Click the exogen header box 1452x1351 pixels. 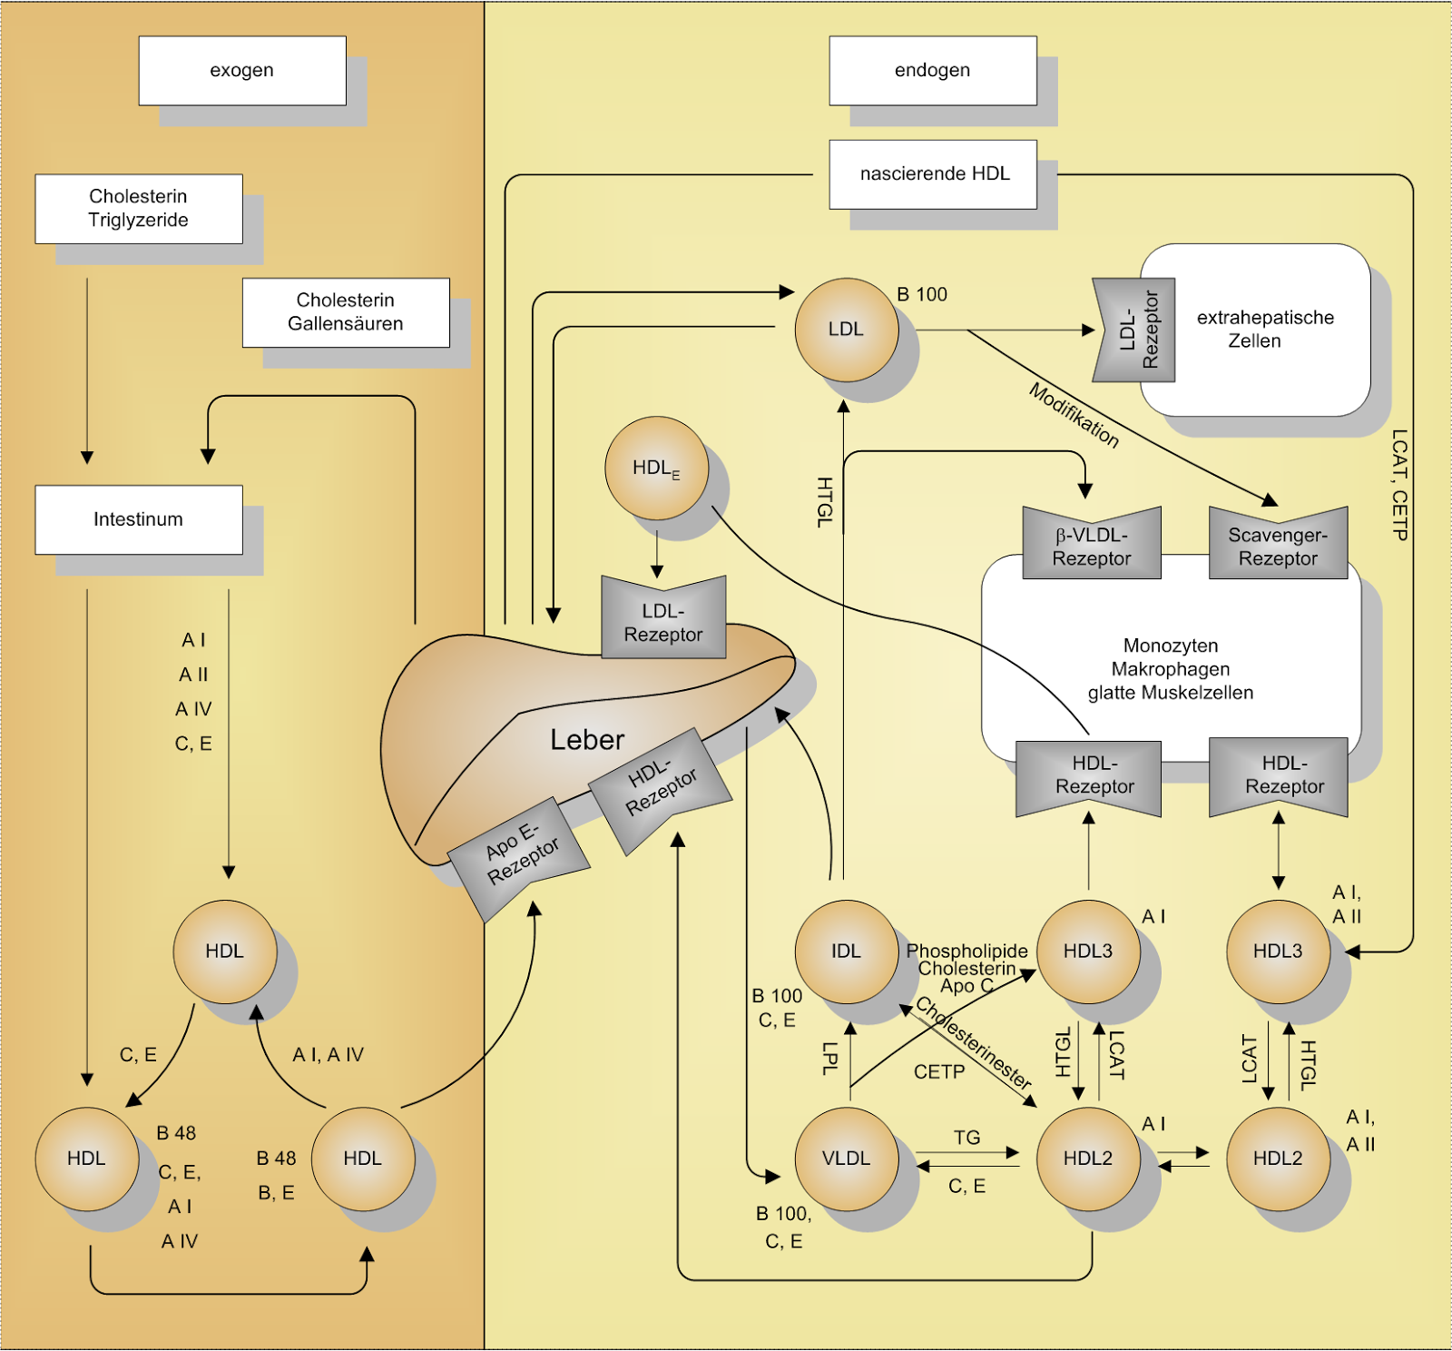(x=242, y=71)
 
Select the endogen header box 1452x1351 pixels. (x=933, y=71)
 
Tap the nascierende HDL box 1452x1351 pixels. (x=933, y=174)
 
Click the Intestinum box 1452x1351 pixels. (x=139, y=519)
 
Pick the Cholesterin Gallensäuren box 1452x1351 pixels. (x=346, y=312)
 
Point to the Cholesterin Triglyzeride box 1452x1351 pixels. (x=139, y=209)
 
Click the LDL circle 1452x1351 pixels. (x=846, y=330)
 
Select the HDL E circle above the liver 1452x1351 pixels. (x=656, y=468)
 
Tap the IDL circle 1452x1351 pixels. (x=846, y=952)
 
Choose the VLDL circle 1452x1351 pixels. (x=846, y=1159)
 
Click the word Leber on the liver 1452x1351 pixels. (x=587, y=740)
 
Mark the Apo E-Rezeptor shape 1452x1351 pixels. (x=520, y=855)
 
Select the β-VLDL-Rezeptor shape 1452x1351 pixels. (x=1092, y=546)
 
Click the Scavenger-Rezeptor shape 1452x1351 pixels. (x=1278, y=546)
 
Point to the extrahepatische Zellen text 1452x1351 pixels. (x=1264, y=330)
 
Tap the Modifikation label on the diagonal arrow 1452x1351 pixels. (x=1074, y=415)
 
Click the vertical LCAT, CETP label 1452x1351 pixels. (x=1399, y=485)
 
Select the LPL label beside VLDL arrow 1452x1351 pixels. (x=829, y=1059)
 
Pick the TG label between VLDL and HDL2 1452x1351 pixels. (x=967, y=1138)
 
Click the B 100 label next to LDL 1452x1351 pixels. (x=922, y=295)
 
